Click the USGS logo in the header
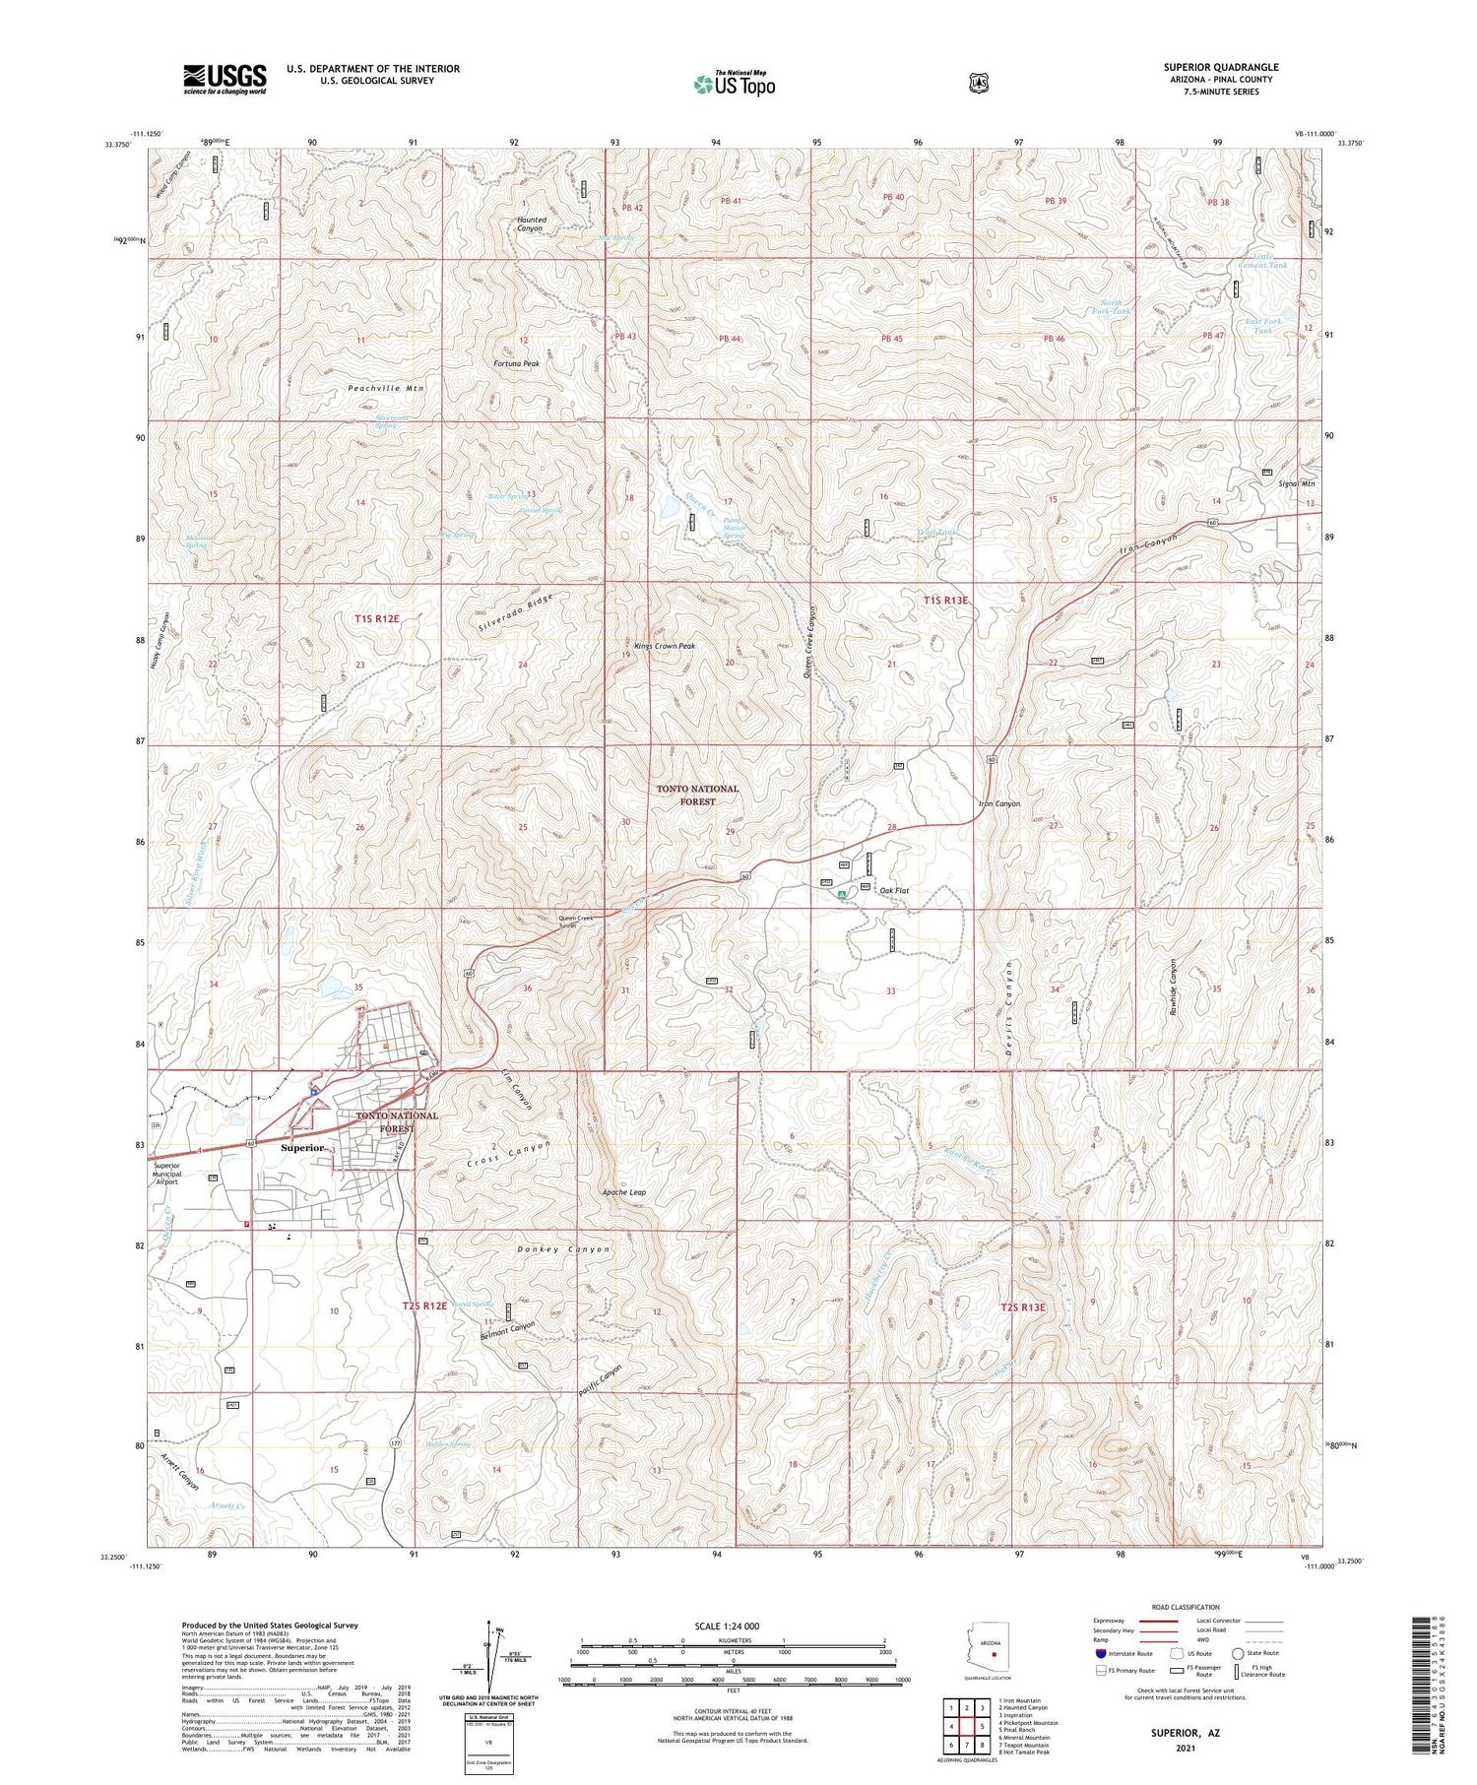point(225,79)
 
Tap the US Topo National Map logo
point(735,84)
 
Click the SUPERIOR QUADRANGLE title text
point(1220,67)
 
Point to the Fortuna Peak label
point(517,363)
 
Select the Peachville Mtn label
point(386,389)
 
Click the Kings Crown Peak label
point(665,646)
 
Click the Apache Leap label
point(624,1192)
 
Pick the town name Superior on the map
point(301,1148)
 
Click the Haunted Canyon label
point(530,223)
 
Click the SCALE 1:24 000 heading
point(734,1626)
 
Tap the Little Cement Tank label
point(1262,261)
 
